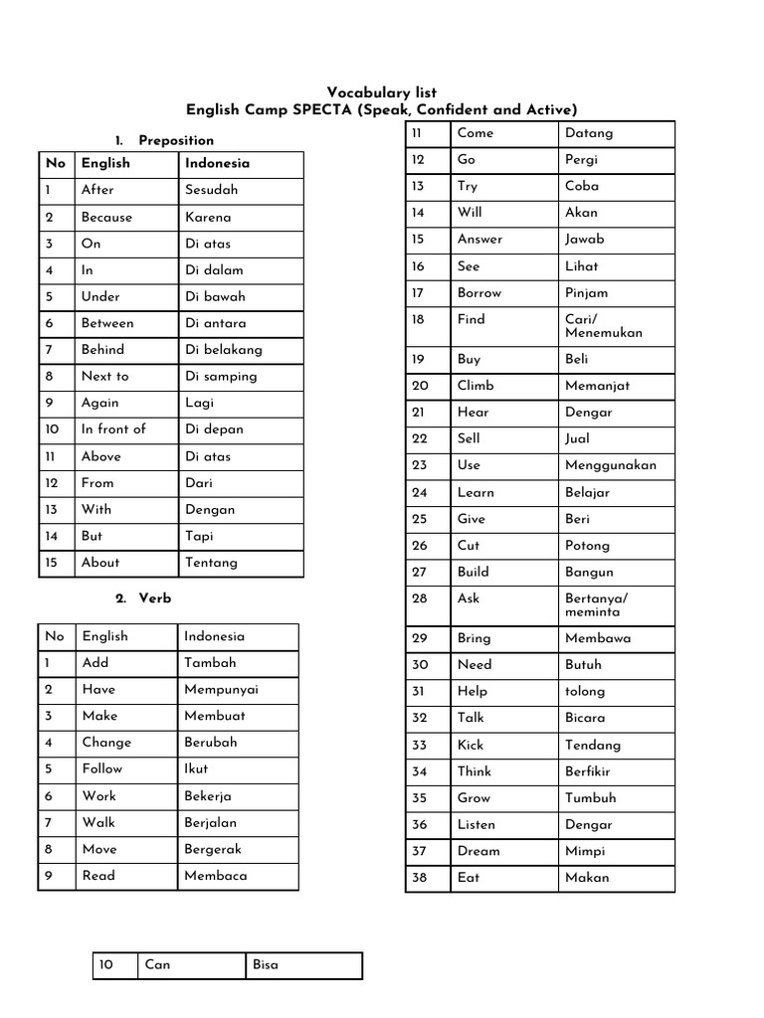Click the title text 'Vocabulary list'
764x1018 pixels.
(382, 92)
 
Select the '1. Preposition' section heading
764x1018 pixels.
(164, 140)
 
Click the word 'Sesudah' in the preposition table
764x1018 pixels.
(211, 190)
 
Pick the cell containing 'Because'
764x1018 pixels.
(106, 217)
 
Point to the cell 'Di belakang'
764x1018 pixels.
(224, 350)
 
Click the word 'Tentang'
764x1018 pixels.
(211, 563)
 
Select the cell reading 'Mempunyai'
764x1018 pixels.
(221, 690)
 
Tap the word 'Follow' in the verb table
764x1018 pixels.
(102, 769)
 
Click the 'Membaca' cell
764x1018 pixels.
(216, 876)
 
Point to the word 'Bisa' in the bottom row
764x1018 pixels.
(266, 965)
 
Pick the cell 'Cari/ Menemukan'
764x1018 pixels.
(603, 326)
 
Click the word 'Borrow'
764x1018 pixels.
(479, 293)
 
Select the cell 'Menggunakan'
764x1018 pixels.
(611, 465)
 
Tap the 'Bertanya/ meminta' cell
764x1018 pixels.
(596, 605)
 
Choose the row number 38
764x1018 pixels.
(419, 878)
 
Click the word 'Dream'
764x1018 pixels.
(478, 851)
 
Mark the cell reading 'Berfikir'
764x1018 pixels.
(588, 771)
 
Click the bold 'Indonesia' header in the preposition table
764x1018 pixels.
(217, 164)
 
